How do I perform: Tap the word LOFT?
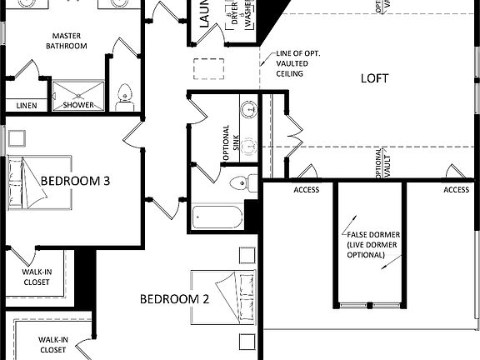pos(375,79)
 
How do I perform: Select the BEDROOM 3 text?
pos(76,180)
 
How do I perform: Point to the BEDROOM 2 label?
pos(173,298)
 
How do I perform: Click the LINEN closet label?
pos(26,106)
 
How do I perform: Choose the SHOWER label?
pos(79,106)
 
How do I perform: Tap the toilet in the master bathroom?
pos(125,96)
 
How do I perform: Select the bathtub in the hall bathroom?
pos(217,219)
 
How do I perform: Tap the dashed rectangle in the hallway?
pos(210,68)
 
